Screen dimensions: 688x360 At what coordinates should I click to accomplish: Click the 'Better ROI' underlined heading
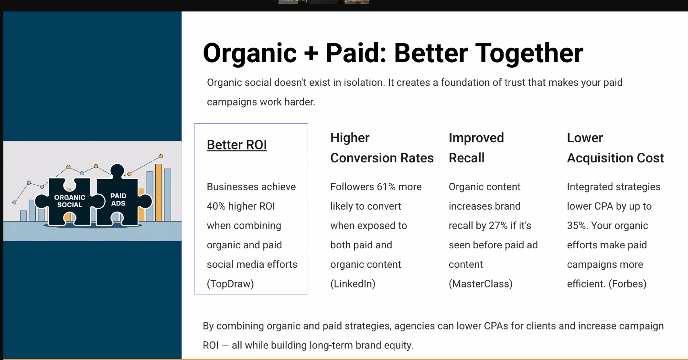(x=237, y=145)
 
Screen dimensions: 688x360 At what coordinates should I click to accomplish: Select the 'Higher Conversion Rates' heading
(x=382, y=148)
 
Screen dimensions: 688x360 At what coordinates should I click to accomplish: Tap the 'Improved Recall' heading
(x=476, y=148)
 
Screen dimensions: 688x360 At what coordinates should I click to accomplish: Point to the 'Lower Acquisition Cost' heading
(x=615, y=148)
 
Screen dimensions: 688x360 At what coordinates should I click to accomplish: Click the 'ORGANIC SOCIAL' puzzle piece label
(x=70, y=201)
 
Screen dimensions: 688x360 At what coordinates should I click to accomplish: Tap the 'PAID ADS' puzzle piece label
(x=118, y=200)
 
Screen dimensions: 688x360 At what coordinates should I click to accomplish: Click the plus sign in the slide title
(x=311, y=53)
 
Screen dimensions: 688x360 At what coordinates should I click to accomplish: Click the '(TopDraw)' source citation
(x=230, y=284)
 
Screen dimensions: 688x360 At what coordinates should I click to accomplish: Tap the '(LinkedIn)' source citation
(x=353, y=284)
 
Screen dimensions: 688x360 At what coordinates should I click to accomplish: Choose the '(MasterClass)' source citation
(x=481, y=284)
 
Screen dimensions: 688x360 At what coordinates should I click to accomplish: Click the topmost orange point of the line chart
(x=161, y=157)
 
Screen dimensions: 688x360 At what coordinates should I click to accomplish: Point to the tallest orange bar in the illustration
(x=159, y=192)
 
